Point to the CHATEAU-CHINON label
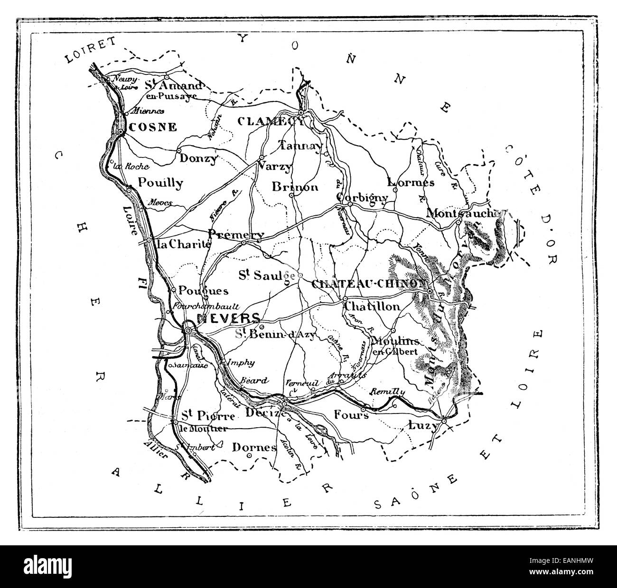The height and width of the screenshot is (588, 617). pos(368,284)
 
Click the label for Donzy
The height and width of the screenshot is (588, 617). pos(198,159)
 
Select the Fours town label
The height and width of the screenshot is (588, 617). pos(351,414)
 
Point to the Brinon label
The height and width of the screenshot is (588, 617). pos(295,187)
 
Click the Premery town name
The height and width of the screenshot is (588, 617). pos(236,235)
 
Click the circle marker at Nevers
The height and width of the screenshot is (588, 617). pos(188,331)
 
